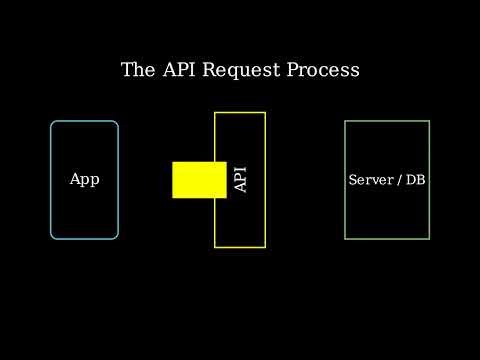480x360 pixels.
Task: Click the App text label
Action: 84,180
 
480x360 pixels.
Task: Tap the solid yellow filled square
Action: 199,180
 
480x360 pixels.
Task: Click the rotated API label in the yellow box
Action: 240,180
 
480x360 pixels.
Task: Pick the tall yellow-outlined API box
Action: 240,225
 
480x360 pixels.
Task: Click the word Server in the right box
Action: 370,180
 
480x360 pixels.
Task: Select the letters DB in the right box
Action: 416,180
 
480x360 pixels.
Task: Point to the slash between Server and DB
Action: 399,180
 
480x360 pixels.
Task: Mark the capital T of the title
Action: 127,70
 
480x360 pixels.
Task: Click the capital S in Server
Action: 352,180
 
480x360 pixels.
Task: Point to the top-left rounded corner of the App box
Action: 54,124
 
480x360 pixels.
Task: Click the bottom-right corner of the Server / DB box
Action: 429,238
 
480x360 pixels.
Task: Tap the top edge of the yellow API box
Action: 240,112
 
